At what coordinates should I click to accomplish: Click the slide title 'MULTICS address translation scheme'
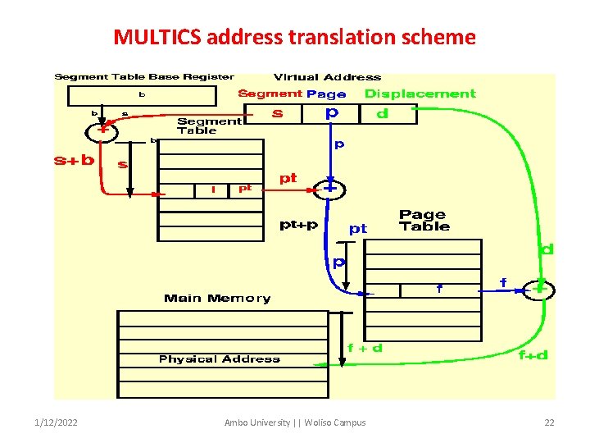(x=294, y=37)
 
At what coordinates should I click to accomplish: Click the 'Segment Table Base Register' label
(x=144, y=77)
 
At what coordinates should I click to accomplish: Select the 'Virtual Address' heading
(x=327, y=77)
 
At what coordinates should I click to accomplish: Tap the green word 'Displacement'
(x=420, y=94)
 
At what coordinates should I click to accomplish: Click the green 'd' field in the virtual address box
(x=382, y=114)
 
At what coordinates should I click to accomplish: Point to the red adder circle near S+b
(x=102, y=130)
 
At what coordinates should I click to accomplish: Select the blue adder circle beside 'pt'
(x=330, y=189)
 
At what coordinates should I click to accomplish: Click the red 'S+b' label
(x=74, y=161)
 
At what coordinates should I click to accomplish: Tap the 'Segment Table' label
(x=209, y=126)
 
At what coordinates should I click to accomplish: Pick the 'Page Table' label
(x=424, y=221)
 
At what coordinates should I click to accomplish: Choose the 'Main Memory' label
(x=217, y=299)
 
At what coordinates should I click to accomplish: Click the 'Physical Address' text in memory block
(x=219, y=359)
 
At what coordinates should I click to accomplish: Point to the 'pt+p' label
(x=299, y=224)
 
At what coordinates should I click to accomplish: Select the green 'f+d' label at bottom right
(x=533, y=355)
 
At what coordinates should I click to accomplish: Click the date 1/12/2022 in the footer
(x=57, y=422)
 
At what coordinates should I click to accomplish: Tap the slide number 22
(x=549, y=422)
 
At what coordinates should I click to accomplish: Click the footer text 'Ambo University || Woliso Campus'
(x=295, y=422)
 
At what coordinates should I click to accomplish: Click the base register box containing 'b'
(x=141, y=96)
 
